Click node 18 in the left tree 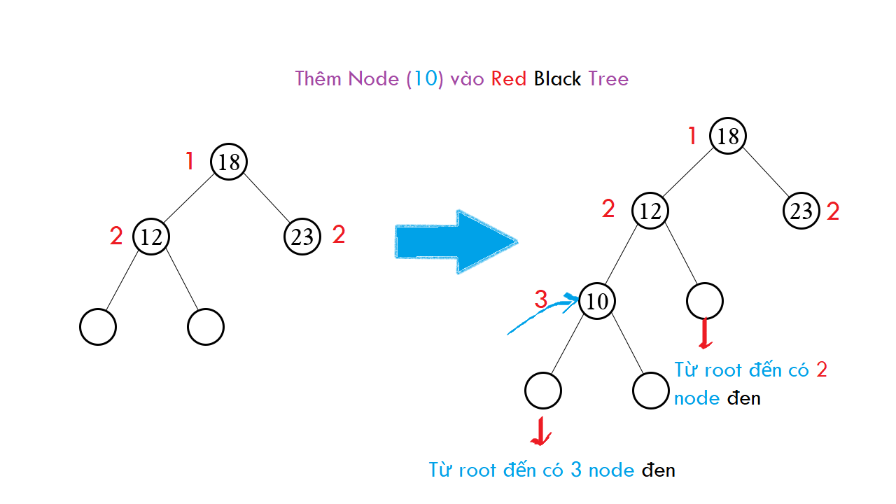[x=229, y=162]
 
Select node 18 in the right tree [x=728, y=135]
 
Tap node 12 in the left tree [x=151, y=236]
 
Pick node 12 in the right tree [x=650, y=210]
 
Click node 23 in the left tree [x=302, y=236]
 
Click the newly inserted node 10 [x=597, y=301]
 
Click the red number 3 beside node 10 [x=540, y=300]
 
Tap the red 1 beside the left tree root [x=190, y=162]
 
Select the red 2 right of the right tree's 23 [x=833, y=211]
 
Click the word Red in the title [x=509, y=78]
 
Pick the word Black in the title [x=557, y=78]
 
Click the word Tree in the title [x=608, y=78]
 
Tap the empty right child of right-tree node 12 [x=705, y=301]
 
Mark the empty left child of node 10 [x=543, y=391]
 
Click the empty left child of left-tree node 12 [x=98, y=327]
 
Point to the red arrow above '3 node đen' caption [x=540, y=432]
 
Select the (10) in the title [x=426, y=78]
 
